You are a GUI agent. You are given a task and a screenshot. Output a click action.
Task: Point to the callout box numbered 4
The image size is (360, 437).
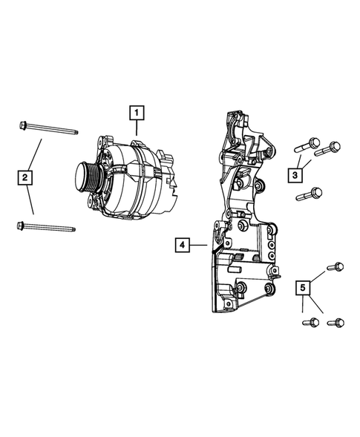click(181, 243)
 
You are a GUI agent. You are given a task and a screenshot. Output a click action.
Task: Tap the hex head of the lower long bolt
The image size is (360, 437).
click(20, 226)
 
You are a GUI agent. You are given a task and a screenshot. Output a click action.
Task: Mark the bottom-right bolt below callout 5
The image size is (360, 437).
click(336, 322)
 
